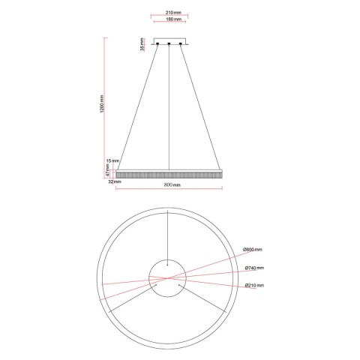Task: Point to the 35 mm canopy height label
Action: pos(142,46)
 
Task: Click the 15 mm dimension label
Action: pos(114,160)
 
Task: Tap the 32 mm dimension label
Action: pos(114,180)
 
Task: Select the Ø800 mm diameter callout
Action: pos(253,250)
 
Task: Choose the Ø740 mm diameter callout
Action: pos(253,268)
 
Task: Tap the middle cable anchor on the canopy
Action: pos(170,45)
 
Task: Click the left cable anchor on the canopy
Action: pos(158,45)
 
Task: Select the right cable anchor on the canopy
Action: pos(182,45)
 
